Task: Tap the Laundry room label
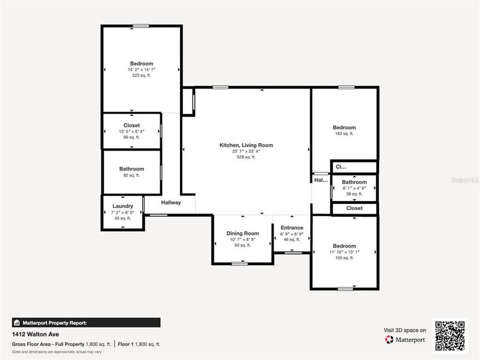tap(122, 206)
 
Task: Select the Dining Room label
tap(242, 233)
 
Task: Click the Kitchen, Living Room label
tap(246, 145)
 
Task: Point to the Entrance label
tap(292, 228)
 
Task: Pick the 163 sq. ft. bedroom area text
tap(344, 134)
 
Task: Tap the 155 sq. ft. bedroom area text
tap(344, 257)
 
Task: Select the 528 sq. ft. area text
tap(246, 158)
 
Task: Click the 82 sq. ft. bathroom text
tap(131, 175)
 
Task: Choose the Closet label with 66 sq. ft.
tap(131, 125)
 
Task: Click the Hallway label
tap(170, 203)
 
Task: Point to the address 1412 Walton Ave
tap(35, 334)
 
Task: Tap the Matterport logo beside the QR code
tap(406, 340)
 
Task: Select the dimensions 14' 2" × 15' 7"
tap(142, 70)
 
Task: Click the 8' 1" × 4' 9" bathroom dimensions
tap(354, 188)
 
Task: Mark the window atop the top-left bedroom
tap(141, 25)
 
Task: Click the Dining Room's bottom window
tap(239, 263)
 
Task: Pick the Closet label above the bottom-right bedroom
tap(354, 208)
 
